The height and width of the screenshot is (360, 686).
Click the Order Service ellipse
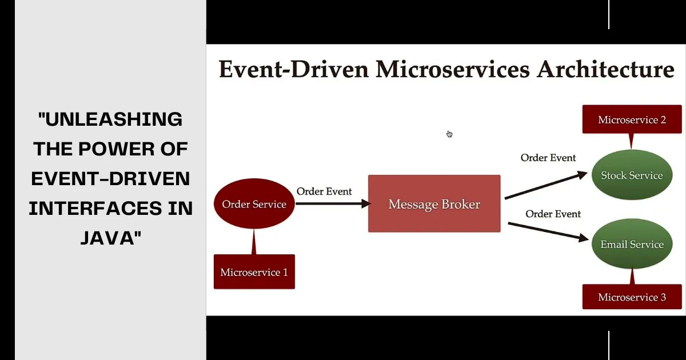pyautogui.click(x=254, y=204)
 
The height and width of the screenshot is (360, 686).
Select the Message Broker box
pyautogui.click(x=434, y=204)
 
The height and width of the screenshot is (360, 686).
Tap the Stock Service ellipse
pyautogui.click(x=632, y=175)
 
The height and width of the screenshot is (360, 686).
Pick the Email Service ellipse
pyautogui.click(x=632, y=245)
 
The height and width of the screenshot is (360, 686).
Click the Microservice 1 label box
pyautogui.click(x=254, y=272)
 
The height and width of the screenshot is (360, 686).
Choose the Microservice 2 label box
pyautogui.click(x=632, y=119)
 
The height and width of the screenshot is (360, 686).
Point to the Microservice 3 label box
pyautogui.click(x=632, y=297)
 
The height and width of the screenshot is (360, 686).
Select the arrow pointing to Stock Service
pyautogui.click(x=546, y=185)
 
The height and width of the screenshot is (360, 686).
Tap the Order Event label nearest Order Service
pyautogui.click(x=324, y=191)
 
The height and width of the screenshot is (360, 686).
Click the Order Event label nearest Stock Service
pyautogui.click(x=548, y=157)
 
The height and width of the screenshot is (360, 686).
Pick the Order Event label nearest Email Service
pyautogui.click(x=553, y=214)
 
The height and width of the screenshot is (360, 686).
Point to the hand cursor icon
pyautogui.click(x=449, y=134)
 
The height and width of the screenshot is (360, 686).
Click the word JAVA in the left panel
pyautogui.click(x=111, y=238)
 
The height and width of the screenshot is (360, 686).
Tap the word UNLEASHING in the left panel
pyautogui.click(x=111, y=119)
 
